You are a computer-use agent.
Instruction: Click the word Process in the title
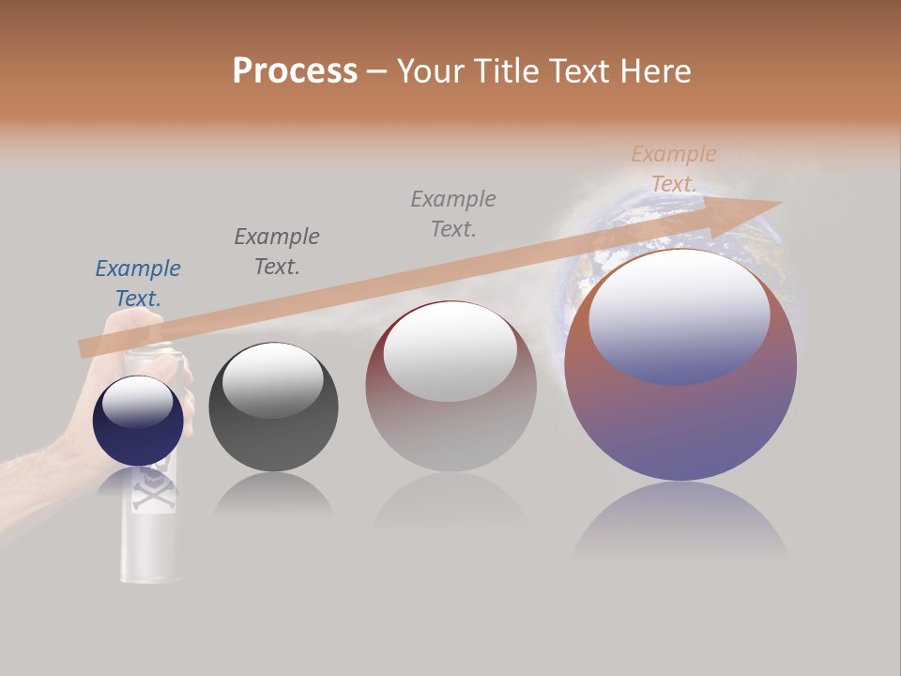click(295, 71)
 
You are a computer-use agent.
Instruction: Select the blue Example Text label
click(138, 284)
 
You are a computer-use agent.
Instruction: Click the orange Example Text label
click(673, 169)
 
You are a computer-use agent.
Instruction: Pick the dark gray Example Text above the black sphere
click(277, 252)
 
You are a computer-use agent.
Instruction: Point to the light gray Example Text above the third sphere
click(453, 214)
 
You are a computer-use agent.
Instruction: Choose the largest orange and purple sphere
click(680, 413)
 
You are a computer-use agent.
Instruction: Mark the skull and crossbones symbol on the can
click(150, 488)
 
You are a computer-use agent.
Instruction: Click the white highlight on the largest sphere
click(679, 315)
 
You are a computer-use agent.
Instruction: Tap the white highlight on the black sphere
click(272, 378)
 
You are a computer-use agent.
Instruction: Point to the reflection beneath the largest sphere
click(680, 521)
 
